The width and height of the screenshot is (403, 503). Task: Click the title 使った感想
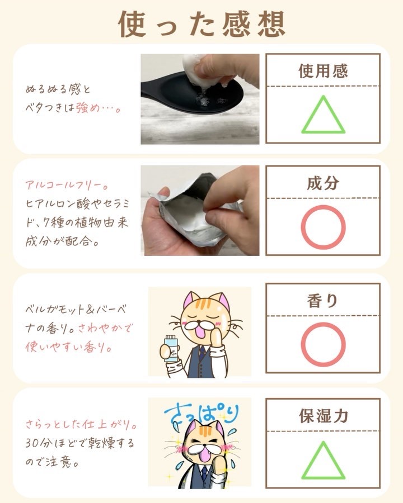click(202, 24)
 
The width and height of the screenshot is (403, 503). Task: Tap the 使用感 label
click(323, 71)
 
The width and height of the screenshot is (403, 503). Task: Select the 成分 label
click(323, 183)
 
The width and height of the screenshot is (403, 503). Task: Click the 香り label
click(322, 301)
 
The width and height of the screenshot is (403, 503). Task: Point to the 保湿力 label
click(324, 416)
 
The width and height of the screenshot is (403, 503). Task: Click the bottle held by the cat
click(171, 348)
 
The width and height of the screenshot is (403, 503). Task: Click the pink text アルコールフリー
click(66, 185)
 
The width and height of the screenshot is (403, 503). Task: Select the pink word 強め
click(87, 108)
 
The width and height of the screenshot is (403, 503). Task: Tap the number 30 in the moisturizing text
click(32, 443)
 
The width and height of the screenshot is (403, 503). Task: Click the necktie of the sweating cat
click(204, 474)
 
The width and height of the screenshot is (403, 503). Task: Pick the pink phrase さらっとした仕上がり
click(81, 425)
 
